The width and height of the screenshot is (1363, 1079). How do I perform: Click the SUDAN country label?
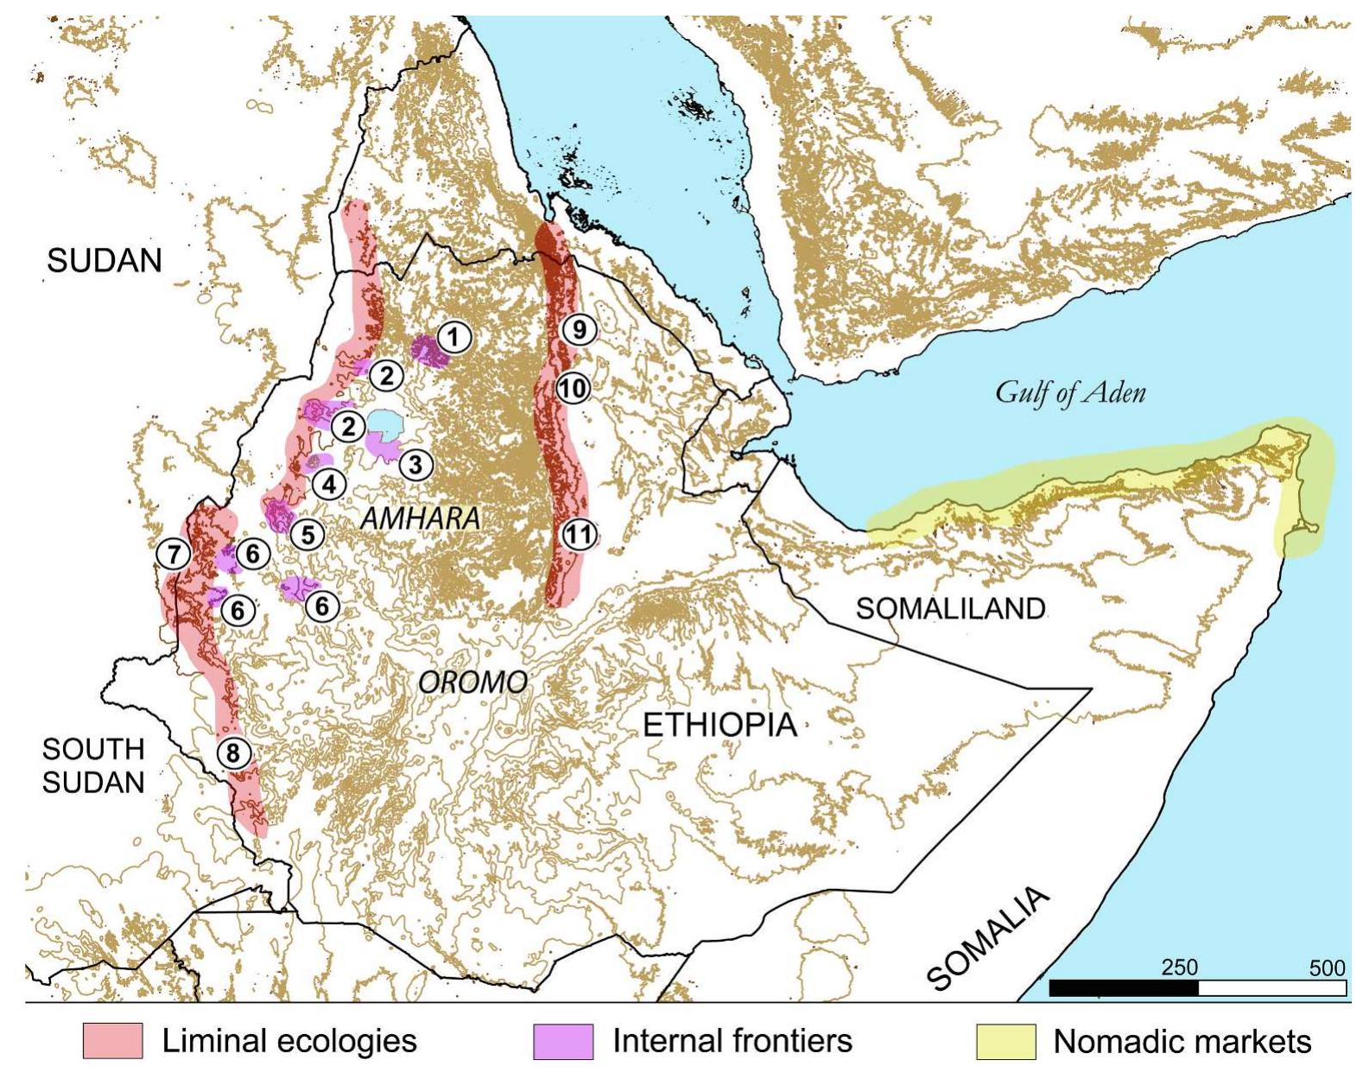tap(105, 260)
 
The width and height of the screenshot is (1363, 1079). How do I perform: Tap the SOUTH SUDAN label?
tap(93, 765)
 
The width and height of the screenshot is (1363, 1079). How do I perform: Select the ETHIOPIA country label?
tap(720, 724)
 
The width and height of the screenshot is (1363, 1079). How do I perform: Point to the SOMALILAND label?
tap(950, 609)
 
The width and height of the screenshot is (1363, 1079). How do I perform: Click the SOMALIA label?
tap(989, 939)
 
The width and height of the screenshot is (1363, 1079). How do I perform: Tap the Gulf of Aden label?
tap(1070, 393)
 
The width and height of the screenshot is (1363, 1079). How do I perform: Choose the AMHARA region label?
tap(420, 518)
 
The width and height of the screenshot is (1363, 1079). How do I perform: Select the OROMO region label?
tap(472, 682)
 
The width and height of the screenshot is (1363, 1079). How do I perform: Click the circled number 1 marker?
tap(455, 337)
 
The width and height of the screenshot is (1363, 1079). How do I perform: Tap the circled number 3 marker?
tap(415, 465)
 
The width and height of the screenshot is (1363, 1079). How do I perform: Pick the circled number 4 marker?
tap(329, 485)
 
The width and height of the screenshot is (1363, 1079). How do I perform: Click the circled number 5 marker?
tap(307, 535)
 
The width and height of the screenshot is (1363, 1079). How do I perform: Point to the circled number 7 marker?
tap(174, 554)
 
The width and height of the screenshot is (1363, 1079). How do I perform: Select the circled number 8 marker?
tap(232, 753)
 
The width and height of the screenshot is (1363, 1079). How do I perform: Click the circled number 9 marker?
tap(579, 330)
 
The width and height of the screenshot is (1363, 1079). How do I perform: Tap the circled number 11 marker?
tap(579, 535)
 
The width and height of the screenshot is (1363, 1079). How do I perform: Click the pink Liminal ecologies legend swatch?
tap(112, 1041)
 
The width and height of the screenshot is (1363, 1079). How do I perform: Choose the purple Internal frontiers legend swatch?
tap(563, 1041)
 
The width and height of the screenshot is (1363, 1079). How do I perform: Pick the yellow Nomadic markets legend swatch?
tap(1005, 1041)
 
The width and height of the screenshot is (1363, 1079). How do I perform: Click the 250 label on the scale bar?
tap(1179, 967)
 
